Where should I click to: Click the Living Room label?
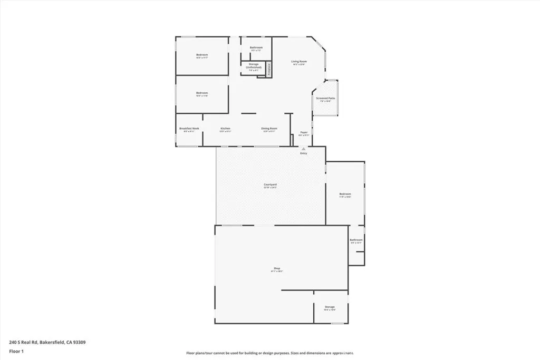299,62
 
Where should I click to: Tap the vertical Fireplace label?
268,70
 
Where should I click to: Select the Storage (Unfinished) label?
254,66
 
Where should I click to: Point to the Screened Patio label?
325,99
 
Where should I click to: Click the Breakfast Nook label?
189,129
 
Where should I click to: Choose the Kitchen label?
225,129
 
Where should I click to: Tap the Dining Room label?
269,129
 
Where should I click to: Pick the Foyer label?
304,132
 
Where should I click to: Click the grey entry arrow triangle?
303,149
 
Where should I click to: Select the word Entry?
303,153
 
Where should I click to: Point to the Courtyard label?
271,184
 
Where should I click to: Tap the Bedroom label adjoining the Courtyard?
345,194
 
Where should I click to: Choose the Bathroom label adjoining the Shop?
356,240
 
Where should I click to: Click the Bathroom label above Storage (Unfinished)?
256,47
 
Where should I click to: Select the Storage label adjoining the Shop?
330,307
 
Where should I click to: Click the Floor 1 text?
15,351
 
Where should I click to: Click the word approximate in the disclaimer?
342,353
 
